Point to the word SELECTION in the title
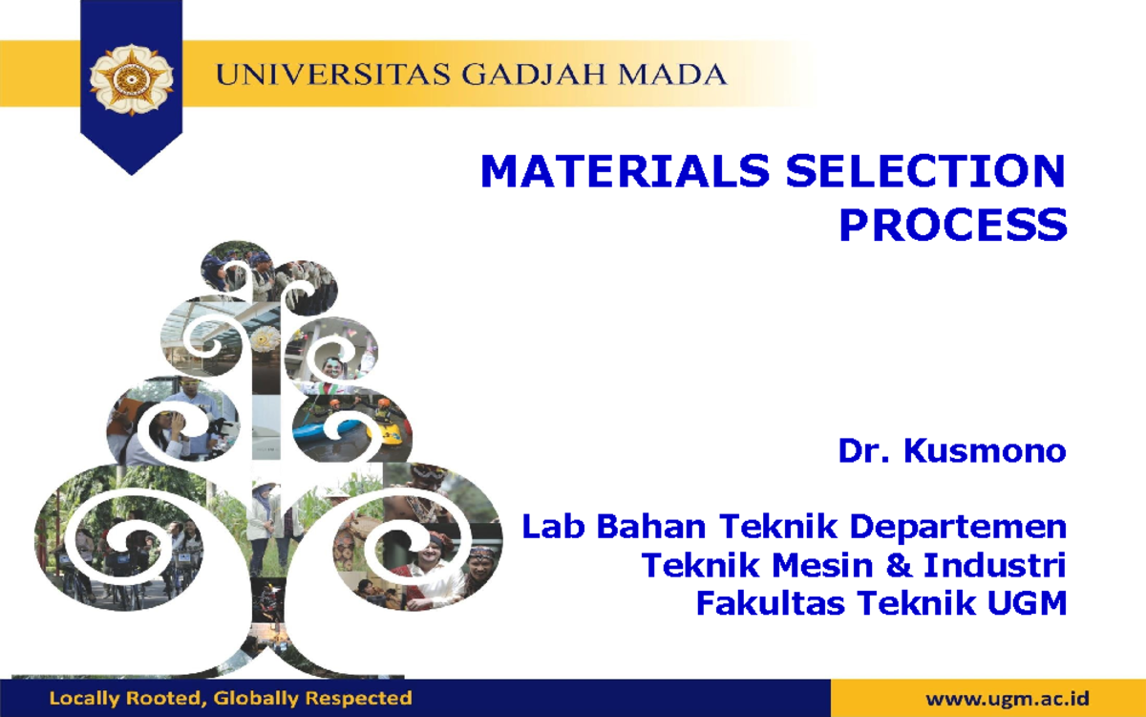click(x=924, y=172)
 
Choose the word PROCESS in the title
click(x=952, y=226)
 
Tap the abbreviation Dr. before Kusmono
click(x=865, y=450)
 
